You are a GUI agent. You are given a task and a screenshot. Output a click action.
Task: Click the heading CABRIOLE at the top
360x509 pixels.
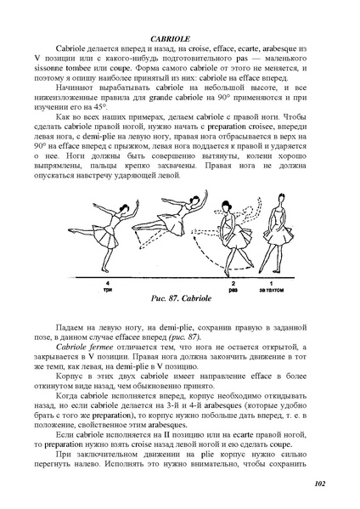(x=179, y=39)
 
